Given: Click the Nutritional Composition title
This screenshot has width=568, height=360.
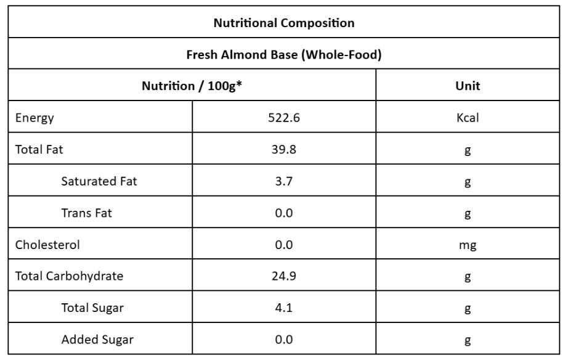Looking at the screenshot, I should point(283,23).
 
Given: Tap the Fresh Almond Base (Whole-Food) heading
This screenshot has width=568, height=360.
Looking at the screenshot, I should point(283,55).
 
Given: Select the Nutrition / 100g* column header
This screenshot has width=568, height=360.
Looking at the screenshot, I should point(191,86).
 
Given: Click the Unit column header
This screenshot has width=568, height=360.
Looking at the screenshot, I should point(468,86).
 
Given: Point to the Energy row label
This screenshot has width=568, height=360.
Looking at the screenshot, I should point(34,118).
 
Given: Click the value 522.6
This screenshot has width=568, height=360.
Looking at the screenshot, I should point(284,118).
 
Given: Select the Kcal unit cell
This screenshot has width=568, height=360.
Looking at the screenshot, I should point(468,118).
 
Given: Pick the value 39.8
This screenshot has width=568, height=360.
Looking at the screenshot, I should point(284,150).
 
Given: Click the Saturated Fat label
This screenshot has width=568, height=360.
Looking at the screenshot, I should point(99,182).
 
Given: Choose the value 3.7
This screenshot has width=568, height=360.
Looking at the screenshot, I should point(284,182).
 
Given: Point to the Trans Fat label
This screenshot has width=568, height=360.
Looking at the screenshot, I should point(86,213).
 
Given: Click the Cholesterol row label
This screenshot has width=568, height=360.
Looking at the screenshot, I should point(47,245).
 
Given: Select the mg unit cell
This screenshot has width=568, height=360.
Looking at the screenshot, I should point(468,245).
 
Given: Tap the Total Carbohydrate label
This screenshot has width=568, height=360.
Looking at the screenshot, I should point(69,277).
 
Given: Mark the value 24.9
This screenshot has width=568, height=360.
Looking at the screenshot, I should point(284,277).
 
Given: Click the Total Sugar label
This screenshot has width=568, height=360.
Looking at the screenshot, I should point(92,308).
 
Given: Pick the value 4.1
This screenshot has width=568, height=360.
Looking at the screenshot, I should point(284,308).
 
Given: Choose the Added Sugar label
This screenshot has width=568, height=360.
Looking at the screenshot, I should point(97,340).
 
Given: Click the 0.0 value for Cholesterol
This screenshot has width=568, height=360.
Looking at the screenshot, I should point(284,245).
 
